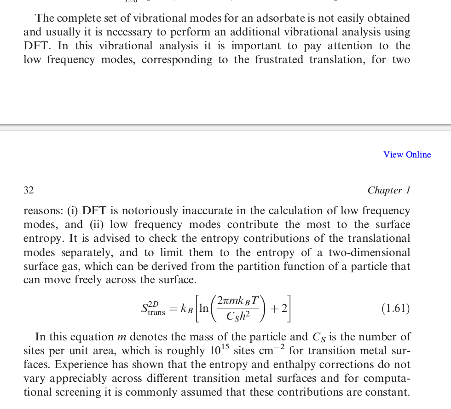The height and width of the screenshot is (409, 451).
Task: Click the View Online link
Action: pos(407,155)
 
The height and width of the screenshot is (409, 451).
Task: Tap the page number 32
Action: pos(29,190)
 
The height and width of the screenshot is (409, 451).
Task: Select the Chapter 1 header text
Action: pos(388,190)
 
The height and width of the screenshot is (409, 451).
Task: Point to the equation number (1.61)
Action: pos(395,309)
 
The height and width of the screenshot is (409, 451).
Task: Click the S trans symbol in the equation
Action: pos(152,309)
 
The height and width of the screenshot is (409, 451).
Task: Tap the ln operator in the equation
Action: pos(203,308)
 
